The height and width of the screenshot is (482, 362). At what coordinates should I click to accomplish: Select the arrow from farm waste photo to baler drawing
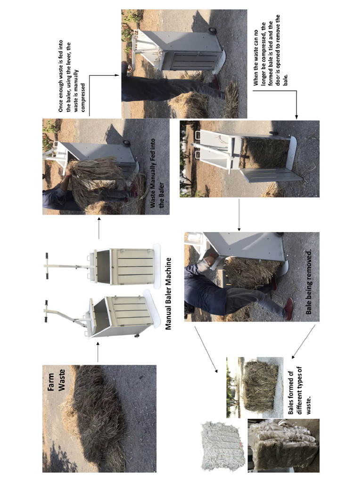pyautogui.click(x=98, y=354)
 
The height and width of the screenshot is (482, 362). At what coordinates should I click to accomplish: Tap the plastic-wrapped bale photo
pyautogui.click(x=283, y=445)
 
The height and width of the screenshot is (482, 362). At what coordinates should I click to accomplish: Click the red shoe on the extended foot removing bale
pyautogui.click(x=288, y=308)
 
